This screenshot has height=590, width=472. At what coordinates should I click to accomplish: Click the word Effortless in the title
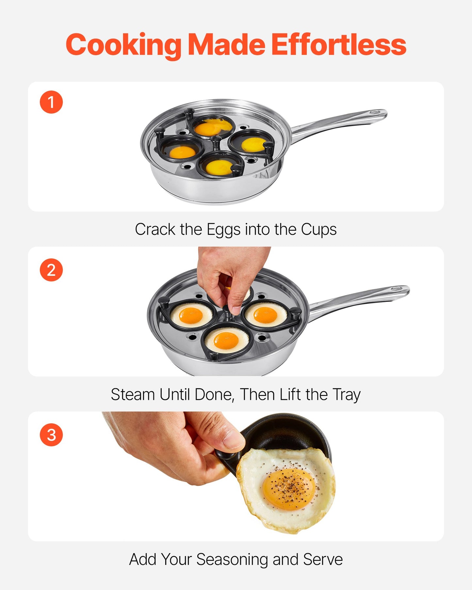click(x=339, y=45)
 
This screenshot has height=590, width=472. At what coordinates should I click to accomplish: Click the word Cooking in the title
click(x=123, y=45)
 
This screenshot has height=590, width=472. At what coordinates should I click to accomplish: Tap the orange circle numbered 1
click(x=51, y=102)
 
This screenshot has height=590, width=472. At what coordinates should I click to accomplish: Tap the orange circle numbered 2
click(x=51, y=270)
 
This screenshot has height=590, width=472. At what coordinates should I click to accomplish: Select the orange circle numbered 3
click(x=51, y=435)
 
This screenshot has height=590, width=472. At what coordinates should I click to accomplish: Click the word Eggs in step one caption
click(x=223, y=230)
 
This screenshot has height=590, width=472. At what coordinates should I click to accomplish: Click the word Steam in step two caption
click(x=133, y=394)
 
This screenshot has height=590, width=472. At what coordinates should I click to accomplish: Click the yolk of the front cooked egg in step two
click(x=226, y=340)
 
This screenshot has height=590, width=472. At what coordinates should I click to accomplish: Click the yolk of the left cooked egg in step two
click(x=191, y=315)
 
